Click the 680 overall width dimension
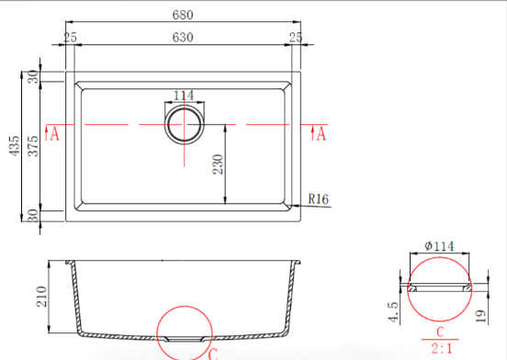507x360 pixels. [x=183, y=15]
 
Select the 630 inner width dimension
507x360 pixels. [x=183, y=38]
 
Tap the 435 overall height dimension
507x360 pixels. [x=15, y=146]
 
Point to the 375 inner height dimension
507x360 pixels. [x=33, y=146]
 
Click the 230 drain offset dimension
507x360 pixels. [x=218, y=164]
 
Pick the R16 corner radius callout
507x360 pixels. [x=318, y=198]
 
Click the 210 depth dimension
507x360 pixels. [x=41, y=297]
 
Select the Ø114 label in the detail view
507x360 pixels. [x=439, y=246]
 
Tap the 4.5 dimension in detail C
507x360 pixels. [x=393, y=312]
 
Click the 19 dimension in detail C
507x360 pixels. [x=481, y=316]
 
